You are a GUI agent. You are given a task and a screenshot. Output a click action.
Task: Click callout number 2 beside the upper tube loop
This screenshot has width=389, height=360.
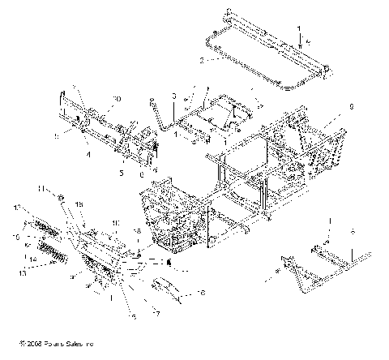point(203,60)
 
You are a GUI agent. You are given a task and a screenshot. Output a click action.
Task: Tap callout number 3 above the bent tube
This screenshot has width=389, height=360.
point(173,96)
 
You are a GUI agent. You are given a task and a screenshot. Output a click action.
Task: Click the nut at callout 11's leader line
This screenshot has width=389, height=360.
point(83,197)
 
